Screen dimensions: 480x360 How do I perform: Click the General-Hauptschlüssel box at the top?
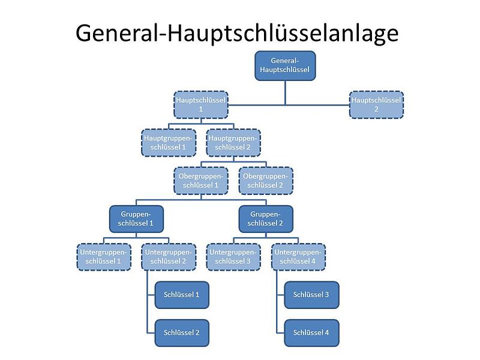coord(285,66)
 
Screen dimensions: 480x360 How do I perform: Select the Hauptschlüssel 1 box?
coord(201,104)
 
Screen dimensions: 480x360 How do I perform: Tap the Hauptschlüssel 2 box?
coord(376,104)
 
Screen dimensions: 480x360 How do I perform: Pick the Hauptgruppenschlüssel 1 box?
coord(169,143)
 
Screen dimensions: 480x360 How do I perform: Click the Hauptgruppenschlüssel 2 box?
coord(233,143)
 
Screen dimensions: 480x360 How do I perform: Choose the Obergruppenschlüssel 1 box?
coord(201,181)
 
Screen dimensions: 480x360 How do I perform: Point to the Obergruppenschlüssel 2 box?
coord(266,181)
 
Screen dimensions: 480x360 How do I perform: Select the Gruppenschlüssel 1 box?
coord(136,219)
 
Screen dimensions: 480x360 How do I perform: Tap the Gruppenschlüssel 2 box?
coord(266,219)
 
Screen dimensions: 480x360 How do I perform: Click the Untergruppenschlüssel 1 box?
coord(104,257)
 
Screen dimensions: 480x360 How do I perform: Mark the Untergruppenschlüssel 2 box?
coord(169,257)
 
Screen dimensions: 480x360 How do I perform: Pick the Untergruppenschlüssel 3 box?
coord(233,257)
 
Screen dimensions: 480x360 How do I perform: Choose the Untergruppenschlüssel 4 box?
coord(298,257)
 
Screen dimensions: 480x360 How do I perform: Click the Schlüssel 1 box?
coord(182,295)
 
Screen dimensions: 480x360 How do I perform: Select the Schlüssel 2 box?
coord(182,333)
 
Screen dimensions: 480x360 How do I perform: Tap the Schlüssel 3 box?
coord(311,295)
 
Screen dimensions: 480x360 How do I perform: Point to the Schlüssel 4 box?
coord(311,333)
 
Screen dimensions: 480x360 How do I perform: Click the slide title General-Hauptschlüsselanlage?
coord(237,34)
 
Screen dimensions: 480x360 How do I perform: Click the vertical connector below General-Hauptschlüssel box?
coord(286,93)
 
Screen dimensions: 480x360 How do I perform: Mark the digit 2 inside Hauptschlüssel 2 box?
coord(376,109)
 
